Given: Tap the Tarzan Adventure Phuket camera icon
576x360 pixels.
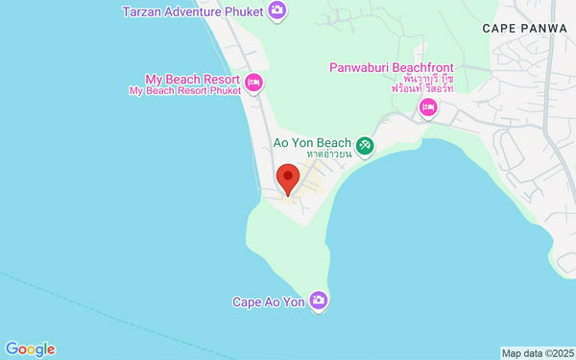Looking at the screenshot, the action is pyautogui.click(x=276, y=11).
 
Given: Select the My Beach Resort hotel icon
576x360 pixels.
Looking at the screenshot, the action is pyautogui.click(x=253, y=84).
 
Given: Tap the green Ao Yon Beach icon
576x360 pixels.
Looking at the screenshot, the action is pyautogui.click(x=364, y=146).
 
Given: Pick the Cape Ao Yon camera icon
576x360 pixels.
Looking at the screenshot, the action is pyautogui.click(x=319, y=301).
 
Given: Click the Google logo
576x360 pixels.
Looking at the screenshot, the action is pyautogui.click(x=30, y=349).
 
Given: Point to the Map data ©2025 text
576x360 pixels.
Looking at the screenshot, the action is pyautogui.click(x=538, y=353).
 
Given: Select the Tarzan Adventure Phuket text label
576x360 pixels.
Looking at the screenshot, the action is pyautogui.click(x=193, y=12).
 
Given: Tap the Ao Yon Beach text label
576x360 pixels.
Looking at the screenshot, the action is pyautogui.click(x=312, y=141).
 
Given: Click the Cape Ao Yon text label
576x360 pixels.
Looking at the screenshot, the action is pyautogui.click(x=268, y=302).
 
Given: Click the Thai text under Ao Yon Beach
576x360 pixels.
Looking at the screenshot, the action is pyautogui.click(x=326, y=154).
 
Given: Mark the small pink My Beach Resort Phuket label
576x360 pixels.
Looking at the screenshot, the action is pyautogui.click(x=185, y=90).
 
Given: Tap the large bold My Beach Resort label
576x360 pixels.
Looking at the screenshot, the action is pyautogui.click(x=191, y=78).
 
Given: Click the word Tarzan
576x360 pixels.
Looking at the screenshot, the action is pyautogui.click(x=145, y=12).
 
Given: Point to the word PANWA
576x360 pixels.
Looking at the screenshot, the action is pyautogui.click(x=548, y=30).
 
